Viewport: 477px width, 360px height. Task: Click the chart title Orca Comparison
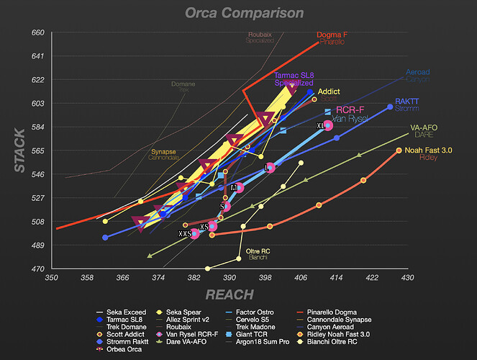tap(244, 13)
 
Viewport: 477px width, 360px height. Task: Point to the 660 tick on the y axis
tap(37, 32)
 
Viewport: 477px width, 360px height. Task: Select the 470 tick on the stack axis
tap(37, 269)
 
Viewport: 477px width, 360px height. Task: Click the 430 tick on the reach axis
tap(406, 277)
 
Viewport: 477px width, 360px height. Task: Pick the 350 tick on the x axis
tap(51, 277)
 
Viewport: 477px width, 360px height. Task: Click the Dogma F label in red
tap(332, 35)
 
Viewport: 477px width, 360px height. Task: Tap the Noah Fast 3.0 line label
tap(429, 150)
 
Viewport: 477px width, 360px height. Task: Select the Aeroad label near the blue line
tap(417, 73)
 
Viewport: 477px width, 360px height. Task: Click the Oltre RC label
tap(257, 251)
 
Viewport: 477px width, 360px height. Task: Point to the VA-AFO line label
tap(424, 127)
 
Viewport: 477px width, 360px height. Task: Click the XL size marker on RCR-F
tap(321, 125)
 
